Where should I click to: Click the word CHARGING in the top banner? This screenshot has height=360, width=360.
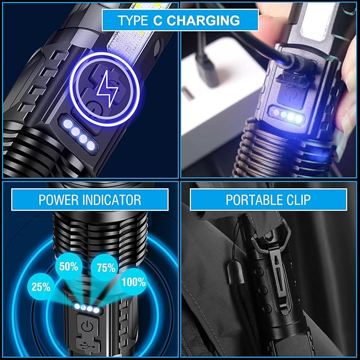pos(204,21)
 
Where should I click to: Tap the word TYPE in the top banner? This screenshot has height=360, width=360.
pos(133,21)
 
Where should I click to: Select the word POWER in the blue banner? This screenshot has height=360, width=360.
pos(58,200)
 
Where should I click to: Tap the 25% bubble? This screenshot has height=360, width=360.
pos(41,287)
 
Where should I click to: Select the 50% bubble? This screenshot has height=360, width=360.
pos(68,267)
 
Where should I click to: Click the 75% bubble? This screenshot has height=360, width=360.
pos(106,268)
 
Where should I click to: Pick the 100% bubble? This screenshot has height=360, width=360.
pos(134,282)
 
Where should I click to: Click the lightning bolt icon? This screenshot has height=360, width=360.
pos(107,89)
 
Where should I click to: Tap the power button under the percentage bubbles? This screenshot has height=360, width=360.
pos(87,327)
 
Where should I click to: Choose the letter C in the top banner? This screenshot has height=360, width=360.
pos(157,21)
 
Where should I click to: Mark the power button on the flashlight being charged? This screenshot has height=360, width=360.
pos(291,94)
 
